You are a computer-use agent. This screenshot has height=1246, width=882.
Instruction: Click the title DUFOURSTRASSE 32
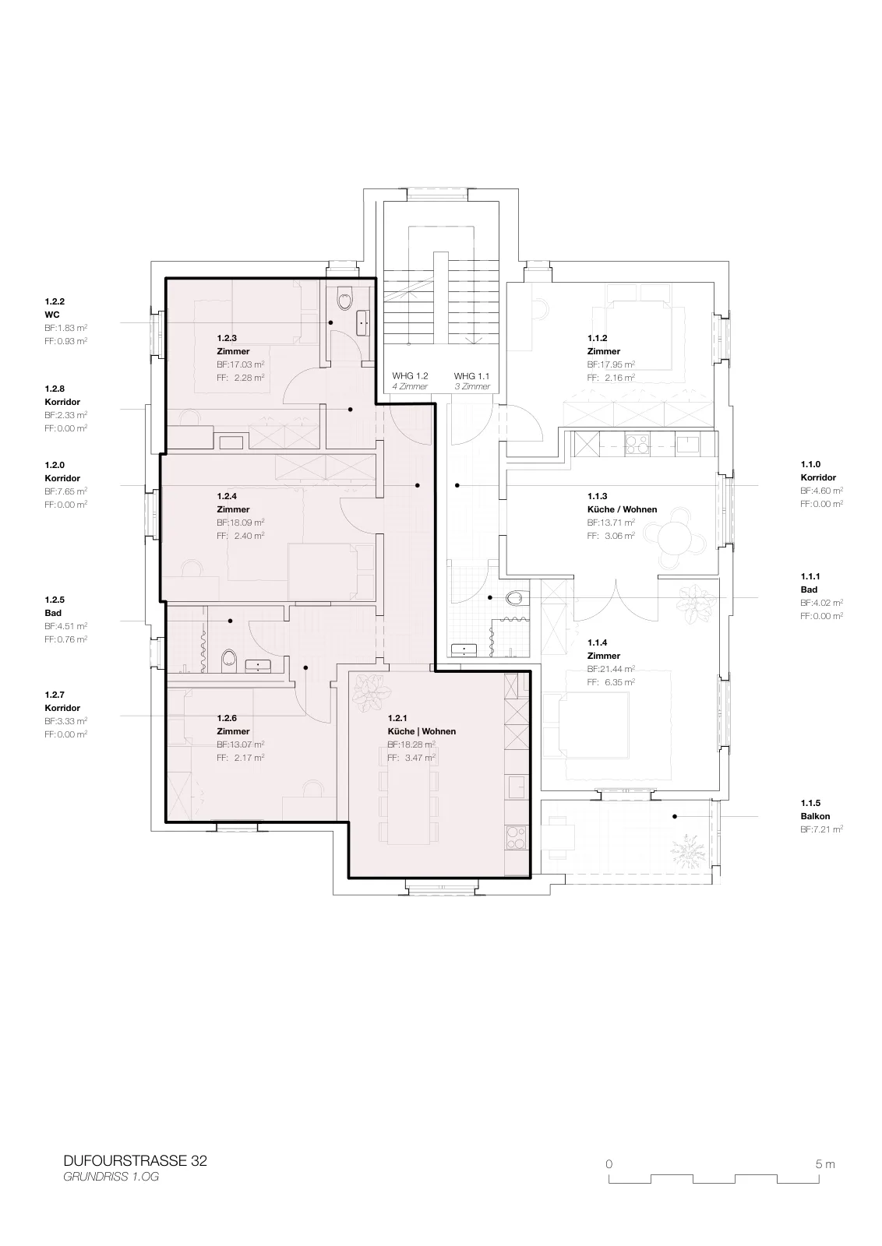[x=136, y=1161]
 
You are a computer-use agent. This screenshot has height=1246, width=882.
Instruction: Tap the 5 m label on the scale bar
[x=825, y=1164]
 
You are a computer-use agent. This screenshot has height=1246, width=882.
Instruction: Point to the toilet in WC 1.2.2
[x=345, y=300]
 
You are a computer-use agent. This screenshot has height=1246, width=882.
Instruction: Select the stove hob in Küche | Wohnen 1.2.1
[x=517, y=837]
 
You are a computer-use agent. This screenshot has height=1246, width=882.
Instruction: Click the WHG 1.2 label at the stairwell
[x=410, y=376]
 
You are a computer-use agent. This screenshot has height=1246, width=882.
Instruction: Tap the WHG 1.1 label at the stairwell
[x=472, y=376]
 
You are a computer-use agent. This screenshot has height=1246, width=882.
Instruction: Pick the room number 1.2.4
[x=227, y=496]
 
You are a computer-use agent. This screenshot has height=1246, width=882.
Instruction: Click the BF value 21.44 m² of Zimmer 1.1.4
[x=611, y=669]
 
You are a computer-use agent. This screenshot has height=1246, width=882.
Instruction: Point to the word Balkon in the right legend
[x=815, y=816]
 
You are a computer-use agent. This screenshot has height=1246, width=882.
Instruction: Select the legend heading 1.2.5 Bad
[x=55, y=607]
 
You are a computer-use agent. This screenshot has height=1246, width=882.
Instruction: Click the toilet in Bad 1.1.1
[x=515, y=598]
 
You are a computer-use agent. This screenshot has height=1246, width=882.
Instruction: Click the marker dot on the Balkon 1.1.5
[x=675, y=817]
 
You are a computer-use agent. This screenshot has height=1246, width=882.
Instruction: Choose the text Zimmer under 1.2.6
[x=233, y=731]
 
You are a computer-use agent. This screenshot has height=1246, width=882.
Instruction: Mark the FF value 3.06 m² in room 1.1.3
[x=611, y=536]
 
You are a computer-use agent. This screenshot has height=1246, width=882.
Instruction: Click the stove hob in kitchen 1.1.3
[x=637, y=443]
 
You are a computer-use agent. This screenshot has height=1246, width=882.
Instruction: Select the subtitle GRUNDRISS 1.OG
[x=111, y=1177]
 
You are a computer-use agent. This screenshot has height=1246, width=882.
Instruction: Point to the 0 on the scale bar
[x=609, y=1164]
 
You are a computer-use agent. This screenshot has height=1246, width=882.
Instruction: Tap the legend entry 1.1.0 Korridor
[x=819, y=470]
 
